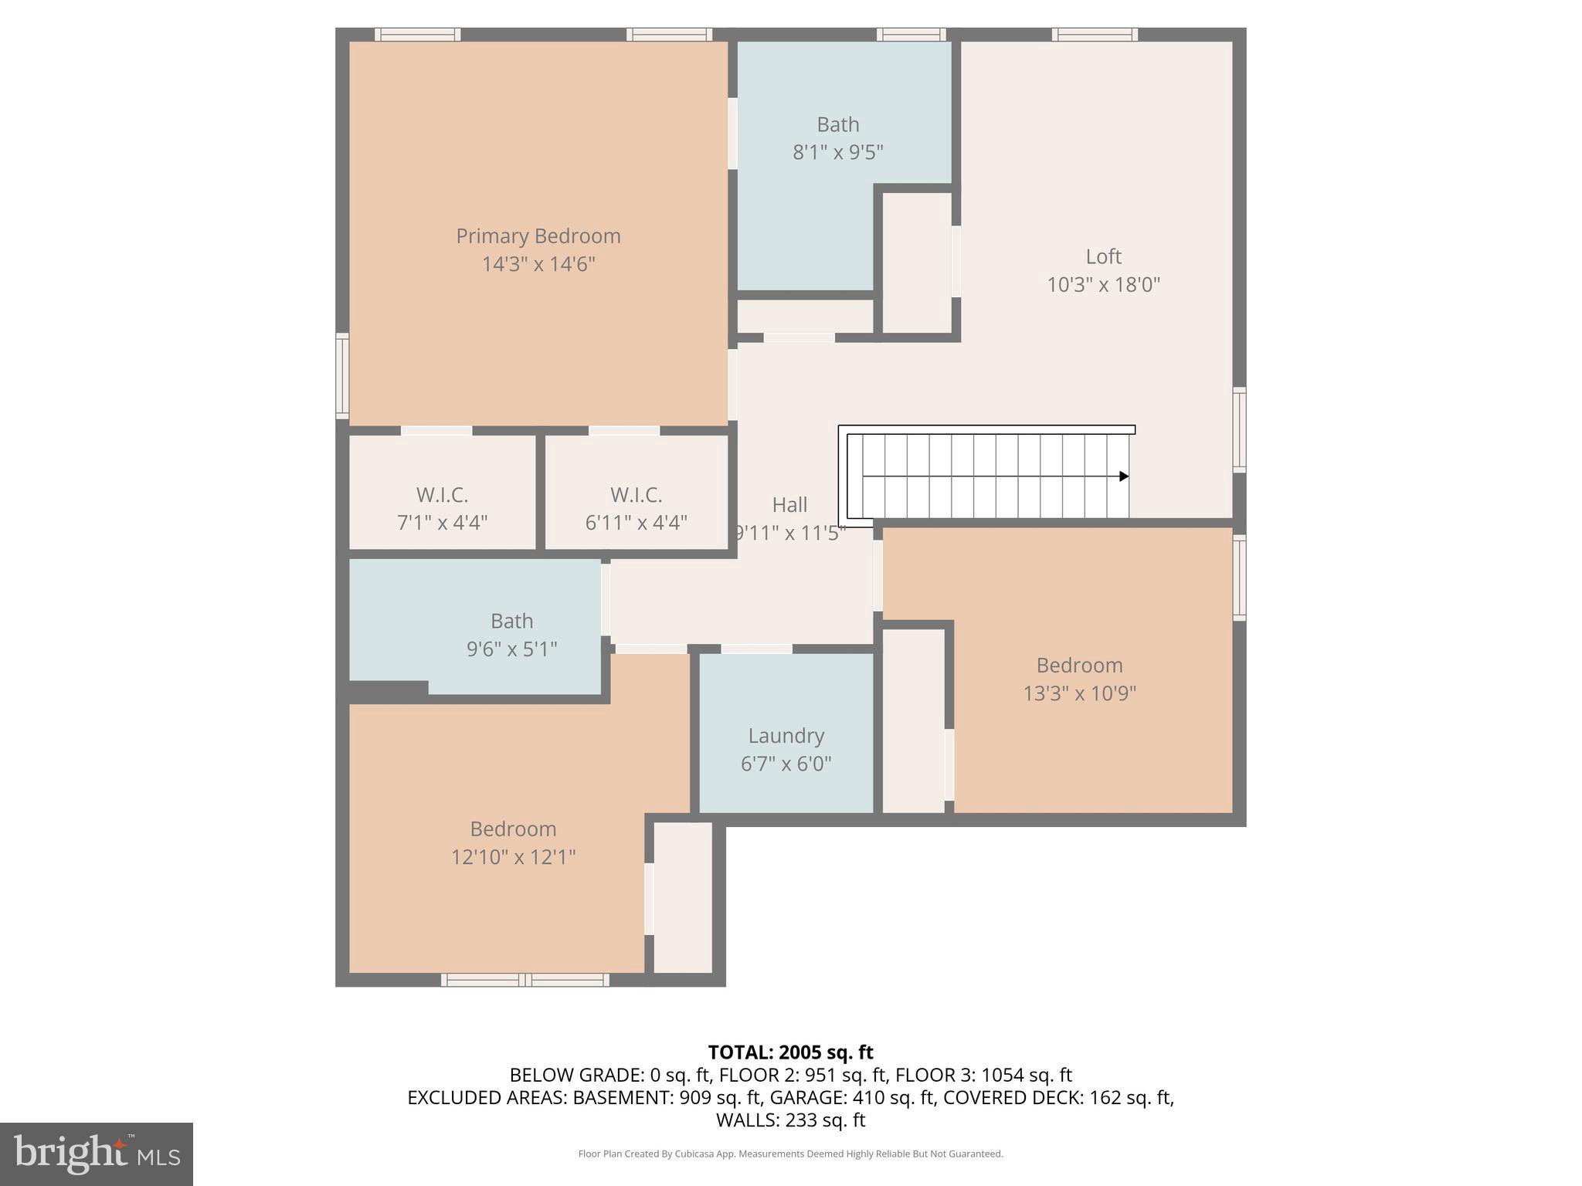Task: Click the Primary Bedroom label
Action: tap(538, 236)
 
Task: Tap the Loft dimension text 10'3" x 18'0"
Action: tap(1103, 285)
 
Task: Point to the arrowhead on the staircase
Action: tap(1124, 476)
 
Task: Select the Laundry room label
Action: tap(786, 736)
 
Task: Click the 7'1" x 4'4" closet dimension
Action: tap(442, 524)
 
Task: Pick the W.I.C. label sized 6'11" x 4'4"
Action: tap(636, 495)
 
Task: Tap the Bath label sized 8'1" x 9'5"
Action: tap(837, 124)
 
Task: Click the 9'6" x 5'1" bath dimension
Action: tap(511, 649)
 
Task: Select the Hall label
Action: tap(789, 505)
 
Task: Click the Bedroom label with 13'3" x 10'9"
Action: tap(1079, 666)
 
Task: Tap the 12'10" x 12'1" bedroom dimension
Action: tap(513, 857)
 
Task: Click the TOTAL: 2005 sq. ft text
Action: tap(790, 1052)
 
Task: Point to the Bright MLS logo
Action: tap(97, 1154)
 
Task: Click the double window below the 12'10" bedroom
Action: tap(525, 980)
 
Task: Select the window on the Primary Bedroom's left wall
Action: tap(342, 376)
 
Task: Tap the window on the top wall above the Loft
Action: tap(1094, 34)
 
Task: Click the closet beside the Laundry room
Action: tap(913, 720)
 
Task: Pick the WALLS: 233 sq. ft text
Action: tap(790, 1120)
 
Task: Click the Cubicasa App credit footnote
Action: tap(790, 1154)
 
